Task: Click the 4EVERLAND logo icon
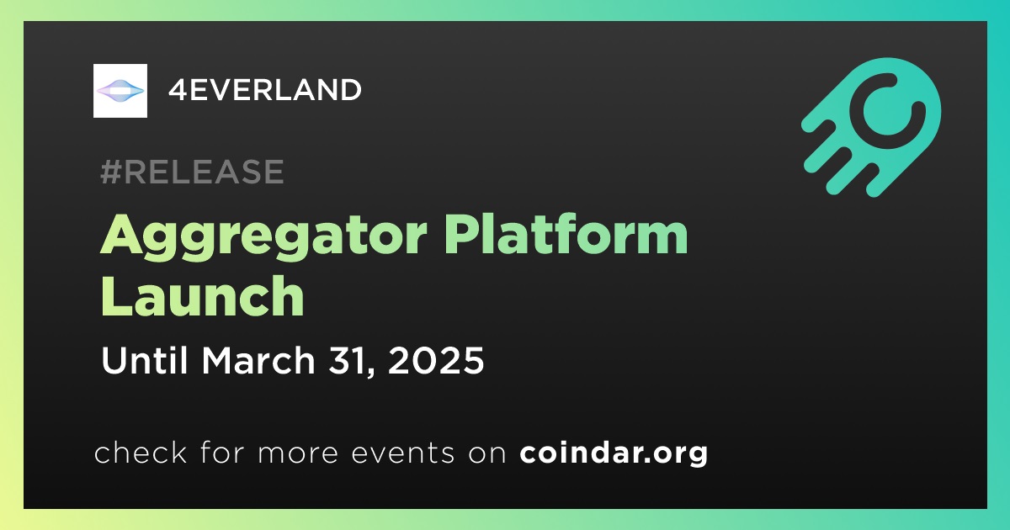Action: coord(120,91)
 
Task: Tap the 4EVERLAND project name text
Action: coord(264,90)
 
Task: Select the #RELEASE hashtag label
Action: coord(192,172)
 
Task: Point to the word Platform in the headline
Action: coord(566,234)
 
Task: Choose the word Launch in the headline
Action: coord(203,295)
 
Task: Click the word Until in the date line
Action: coord(144,360)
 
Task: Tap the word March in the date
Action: coord(258,360)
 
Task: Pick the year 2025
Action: coord(436,361)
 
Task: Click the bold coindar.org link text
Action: coord(614,453)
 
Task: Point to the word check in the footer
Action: coord(141,453)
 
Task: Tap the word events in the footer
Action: coord(402,453)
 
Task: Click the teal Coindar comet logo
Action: coord(871,127)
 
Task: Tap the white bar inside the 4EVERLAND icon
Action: coord(120,92)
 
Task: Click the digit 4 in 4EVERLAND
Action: coord(178,90)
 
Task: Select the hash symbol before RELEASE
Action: coord(111,172)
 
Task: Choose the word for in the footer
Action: coord(222,452)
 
